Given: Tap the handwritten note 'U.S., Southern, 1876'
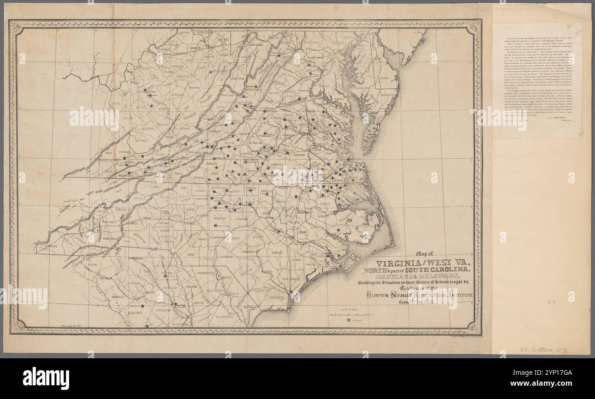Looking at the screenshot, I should click(544, 350).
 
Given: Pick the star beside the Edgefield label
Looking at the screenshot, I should click(142, 306).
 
